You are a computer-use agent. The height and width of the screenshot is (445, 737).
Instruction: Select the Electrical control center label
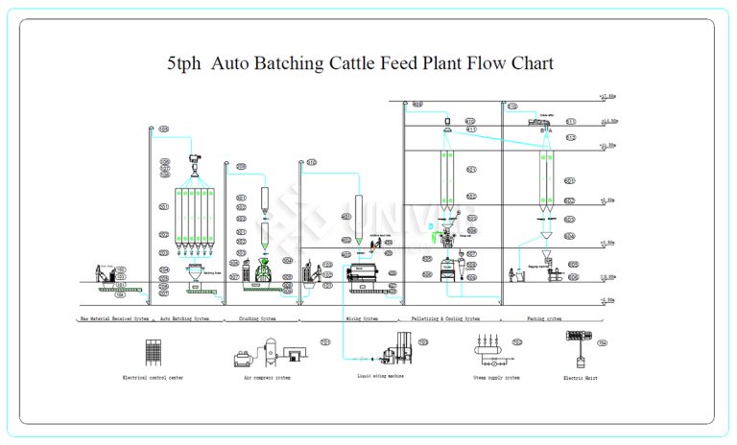point(153,378)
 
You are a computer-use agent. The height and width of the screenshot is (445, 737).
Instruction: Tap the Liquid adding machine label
point(380,376)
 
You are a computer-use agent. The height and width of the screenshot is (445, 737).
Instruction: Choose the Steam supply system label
point(496,378)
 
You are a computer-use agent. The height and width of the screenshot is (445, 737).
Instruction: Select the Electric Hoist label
point(580,378)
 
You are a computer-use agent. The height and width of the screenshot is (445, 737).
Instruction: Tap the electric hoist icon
point(579,347)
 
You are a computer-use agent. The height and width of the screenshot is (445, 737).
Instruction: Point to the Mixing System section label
point(362,318)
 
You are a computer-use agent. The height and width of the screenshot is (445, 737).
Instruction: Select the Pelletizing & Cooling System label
point(445,318)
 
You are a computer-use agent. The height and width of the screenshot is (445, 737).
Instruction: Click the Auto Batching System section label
point(184,318)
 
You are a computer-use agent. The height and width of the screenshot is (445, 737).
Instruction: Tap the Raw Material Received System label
point(114,318)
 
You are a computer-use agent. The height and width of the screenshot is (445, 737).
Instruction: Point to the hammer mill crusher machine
point(259,272)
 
